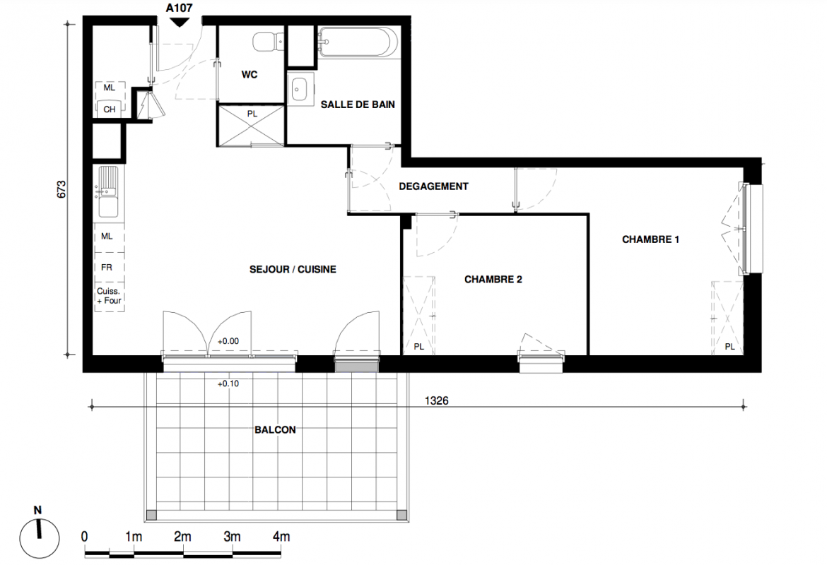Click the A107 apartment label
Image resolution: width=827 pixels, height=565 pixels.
[180, 8]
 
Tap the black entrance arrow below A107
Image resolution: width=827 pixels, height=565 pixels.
[180, 22]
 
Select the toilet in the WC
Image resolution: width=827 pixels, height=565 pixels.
[269, 42]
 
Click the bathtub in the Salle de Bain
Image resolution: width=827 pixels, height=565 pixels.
[357, 42]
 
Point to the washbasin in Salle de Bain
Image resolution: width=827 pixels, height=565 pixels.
[300, 89]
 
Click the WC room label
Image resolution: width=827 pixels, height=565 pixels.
[250, 75]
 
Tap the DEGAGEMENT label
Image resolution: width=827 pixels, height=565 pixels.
[433, 186]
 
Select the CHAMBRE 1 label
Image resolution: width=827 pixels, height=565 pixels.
[651, 239]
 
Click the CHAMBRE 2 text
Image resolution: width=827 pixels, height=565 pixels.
[493, 280]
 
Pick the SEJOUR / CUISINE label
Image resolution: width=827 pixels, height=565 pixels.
[293, 269]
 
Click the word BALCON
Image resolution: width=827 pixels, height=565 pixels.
[276, 430]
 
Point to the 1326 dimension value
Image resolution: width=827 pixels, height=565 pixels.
[437, 400]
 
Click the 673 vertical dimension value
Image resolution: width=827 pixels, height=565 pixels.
[61, 190]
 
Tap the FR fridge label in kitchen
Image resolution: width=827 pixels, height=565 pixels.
[107, 268]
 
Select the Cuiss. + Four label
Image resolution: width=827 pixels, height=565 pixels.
[109, 296]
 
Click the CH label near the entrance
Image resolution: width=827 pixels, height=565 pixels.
[109, 109]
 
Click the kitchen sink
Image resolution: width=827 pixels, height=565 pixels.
[108, 191]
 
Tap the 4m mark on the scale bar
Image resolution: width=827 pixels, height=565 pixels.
[281, 537]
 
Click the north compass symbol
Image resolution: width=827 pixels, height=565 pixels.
[39, 538]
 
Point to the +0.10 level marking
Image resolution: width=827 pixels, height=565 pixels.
[228, 383]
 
